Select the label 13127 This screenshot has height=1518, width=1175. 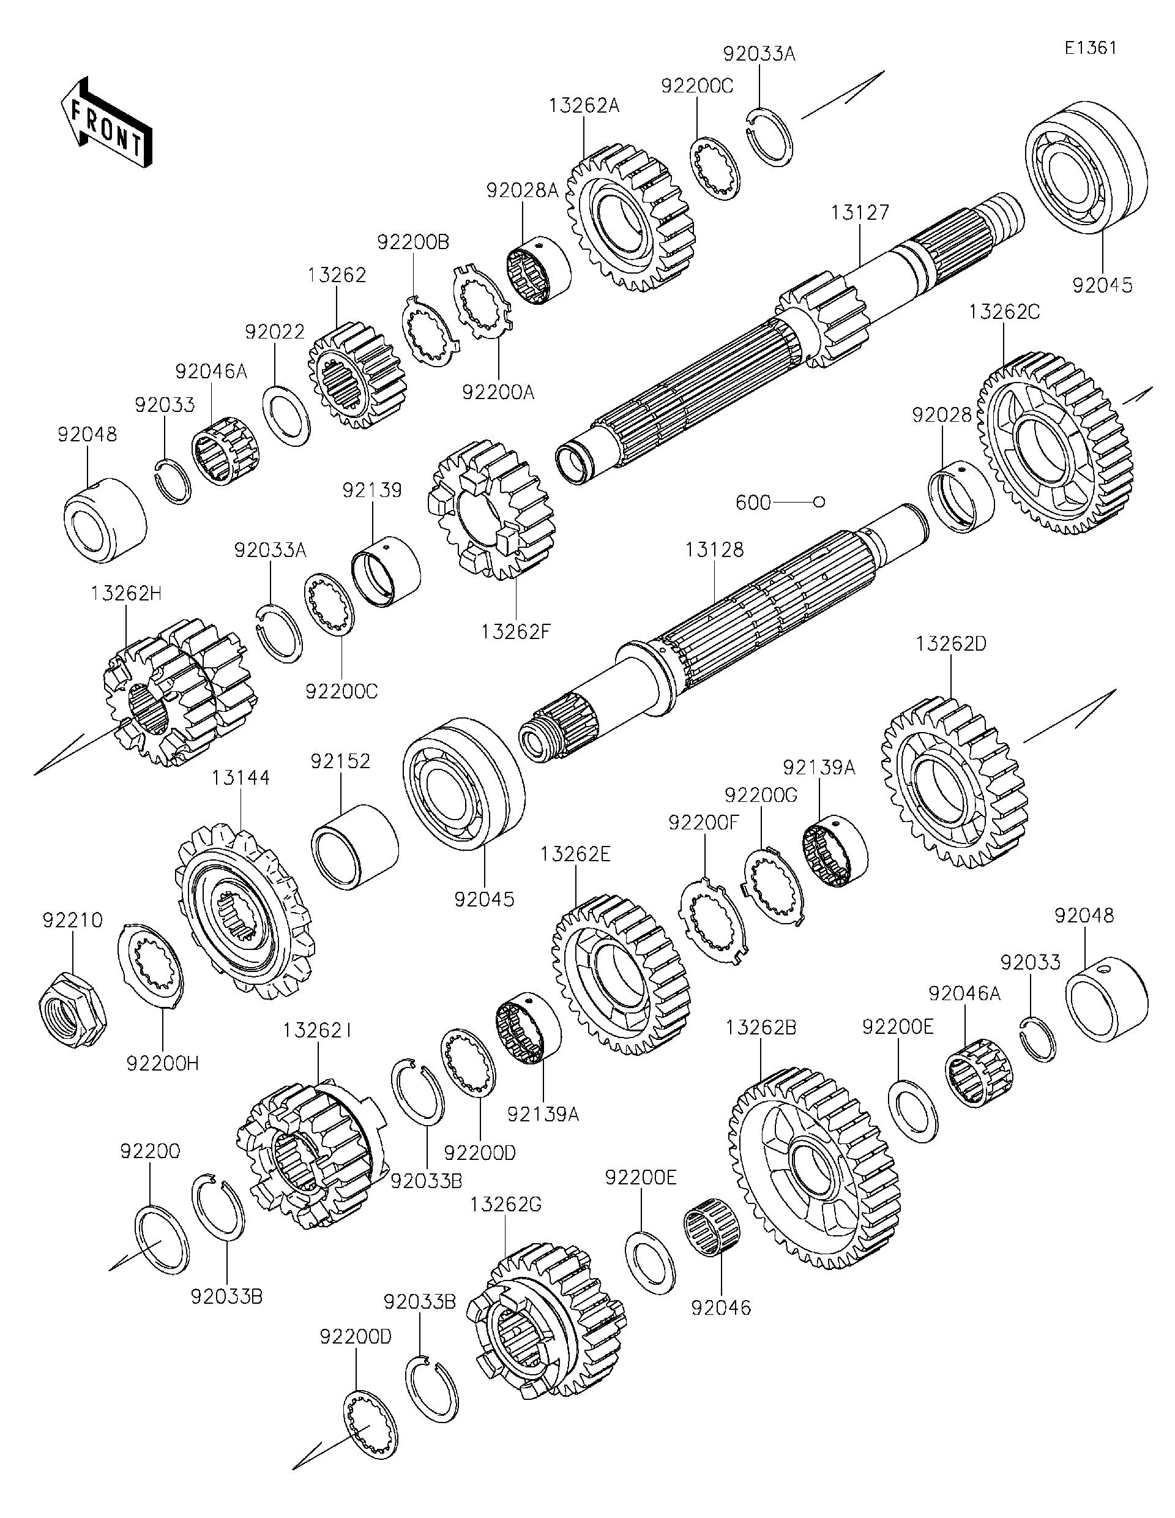click(860, 212)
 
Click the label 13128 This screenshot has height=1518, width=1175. click(714, 549)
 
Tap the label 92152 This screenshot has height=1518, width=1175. click(340, 761)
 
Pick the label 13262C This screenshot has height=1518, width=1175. click(1004, 312)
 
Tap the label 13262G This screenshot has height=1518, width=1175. click(504, 1205)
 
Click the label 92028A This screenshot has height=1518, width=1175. click(522, 190)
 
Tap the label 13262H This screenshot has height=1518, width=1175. click(126, 594)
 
